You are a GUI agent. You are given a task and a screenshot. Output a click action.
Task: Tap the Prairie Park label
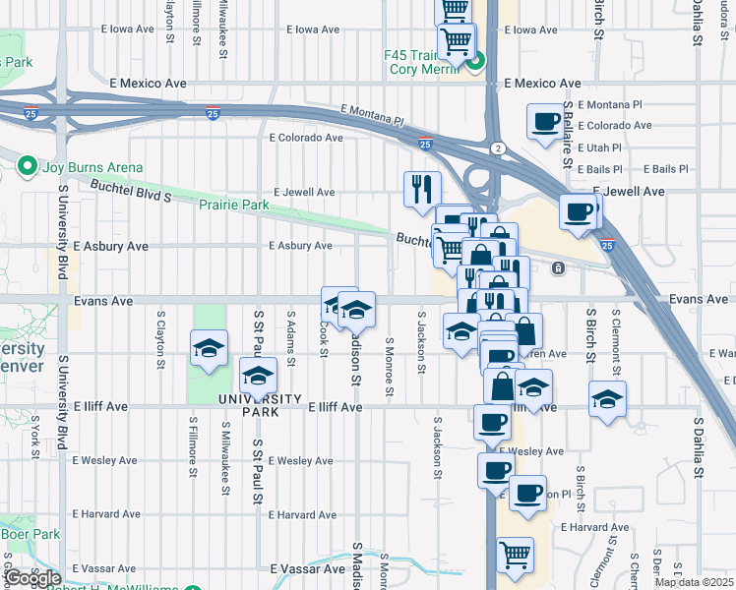pos(233,205)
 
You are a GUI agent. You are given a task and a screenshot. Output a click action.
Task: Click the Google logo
pos(31,578)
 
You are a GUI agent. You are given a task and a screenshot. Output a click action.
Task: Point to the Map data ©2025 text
pos(694,581)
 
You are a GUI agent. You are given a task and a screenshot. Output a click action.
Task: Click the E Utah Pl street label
pos(599,147)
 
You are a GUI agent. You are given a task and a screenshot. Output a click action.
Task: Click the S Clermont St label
pos(615,339)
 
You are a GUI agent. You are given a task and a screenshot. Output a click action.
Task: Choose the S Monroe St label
pos(390,367)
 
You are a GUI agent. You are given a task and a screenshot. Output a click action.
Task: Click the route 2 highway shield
pos(498,147)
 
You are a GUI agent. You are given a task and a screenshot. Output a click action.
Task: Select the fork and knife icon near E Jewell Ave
pos(423,186)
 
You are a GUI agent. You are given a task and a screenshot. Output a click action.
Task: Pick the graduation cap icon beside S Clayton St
pos(208,349)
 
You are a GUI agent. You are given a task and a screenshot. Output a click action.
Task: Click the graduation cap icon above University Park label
pos(259,376)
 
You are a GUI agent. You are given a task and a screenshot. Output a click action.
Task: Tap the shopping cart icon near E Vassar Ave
pos(515,555)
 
